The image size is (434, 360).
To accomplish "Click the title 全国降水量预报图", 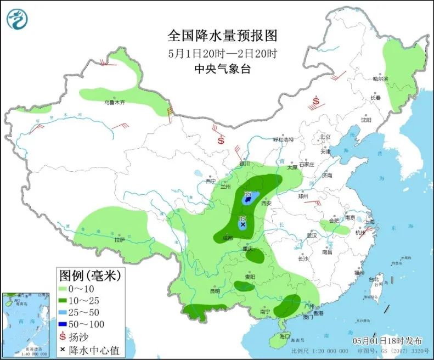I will click(x=223, y=36).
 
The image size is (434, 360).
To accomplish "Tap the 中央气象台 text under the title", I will click(x=223, y=69).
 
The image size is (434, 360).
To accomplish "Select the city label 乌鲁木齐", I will click(x=115, y=102).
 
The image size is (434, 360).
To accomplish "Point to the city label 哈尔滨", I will click(x=380, y=79).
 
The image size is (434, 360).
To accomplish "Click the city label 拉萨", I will click(x=119, y=240).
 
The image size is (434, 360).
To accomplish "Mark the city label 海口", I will click(x=284, y=336).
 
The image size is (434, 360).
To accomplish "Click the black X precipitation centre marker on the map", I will click(x=243, y=224).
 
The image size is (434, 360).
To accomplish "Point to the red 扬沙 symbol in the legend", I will click(x=64, y=336).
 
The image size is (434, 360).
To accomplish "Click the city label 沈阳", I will click(x=365, y=120).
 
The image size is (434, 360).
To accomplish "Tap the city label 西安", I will click(x=267, y=203).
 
